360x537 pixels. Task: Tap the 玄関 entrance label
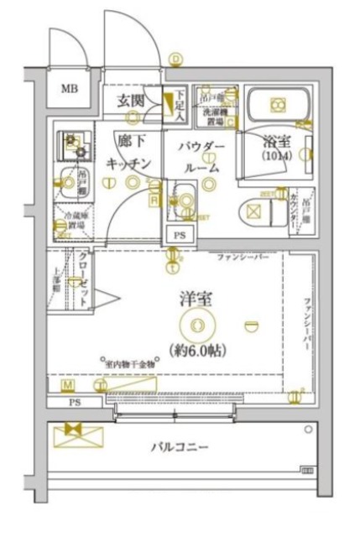pos(131,102)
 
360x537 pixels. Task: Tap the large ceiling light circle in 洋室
pos(196,324)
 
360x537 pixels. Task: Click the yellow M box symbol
pos(67,384)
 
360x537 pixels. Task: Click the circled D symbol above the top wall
pos(175,59)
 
